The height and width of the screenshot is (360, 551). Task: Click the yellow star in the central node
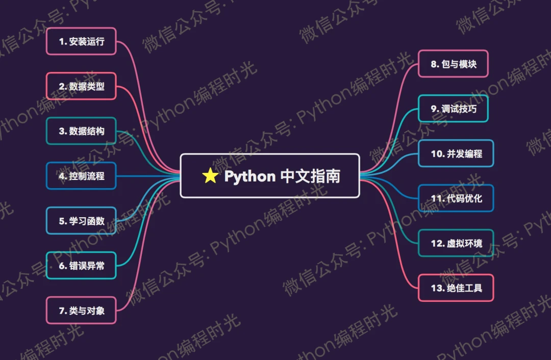210,176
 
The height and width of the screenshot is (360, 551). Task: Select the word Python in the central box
250,176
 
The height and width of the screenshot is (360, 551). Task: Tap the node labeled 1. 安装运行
81,41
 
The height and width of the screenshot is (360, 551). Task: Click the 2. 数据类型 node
81,86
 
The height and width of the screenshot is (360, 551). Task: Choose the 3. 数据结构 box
81,131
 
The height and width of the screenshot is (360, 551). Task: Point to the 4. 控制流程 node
81,176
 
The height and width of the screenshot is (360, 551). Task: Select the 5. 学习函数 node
81,221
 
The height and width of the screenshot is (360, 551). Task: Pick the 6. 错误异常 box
81,266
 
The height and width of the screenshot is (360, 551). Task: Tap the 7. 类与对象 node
81,310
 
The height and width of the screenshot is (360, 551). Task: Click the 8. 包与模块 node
453,64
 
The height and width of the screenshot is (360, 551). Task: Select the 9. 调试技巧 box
453,109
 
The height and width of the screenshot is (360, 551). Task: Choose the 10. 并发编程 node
456,153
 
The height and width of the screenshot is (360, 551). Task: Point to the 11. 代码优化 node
456,198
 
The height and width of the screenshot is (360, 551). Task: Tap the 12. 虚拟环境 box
456,243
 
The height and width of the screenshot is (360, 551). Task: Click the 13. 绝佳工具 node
456,288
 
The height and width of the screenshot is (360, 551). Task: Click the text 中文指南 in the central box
311,176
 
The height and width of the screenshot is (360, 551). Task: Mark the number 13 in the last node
436,288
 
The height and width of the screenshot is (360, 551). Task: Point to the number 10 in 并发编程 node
436,153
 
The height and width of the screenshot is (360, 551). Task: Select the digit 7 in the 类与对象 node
61,310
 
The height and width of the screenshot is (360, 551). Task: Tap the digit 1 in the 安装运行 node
61,41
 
